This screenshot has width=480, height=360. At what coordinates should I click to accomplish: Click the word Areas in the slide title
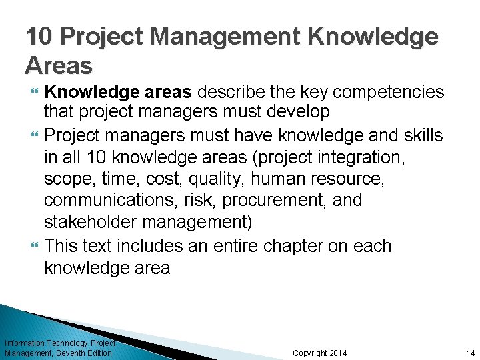pyautogui.click(x=59, y=65)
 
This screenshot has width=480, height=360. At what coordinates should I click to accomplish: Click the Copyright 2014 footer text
pyautogui.click(x=320, y=353)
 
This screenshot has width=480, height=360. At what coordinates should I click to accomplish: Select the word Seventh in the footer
pyautogui.click(x=75, y=353)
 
